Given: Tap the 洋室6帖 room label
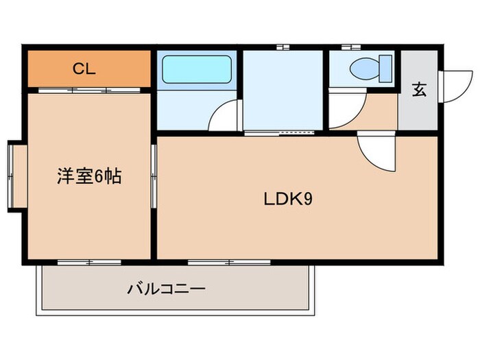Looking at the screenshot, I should click(x=89, y=176).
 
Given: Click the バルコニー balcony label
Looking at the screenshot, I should click(x=166, y=289).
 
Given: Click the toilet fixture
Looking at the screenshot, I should click(x=369, y=69).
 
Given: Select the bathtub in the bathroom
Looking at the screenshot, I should click(x=195, y=69).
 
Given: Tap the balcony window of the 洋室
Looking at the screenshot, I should click(x=89, y=261).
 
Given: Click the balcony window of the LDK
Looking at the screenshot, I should click(x=219, y=261).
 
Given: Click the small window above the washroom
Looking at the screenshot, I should click(x=283, y=47).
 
